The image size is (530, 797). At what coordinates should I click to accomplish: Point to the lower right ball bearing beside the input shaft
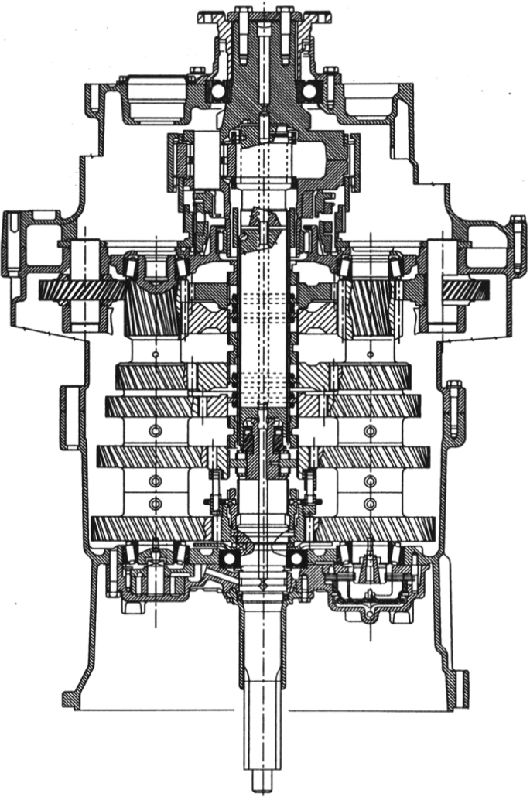click(295, 559)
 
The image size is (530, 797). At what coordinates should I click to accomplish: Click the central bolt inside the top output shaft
click(265, 46)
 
